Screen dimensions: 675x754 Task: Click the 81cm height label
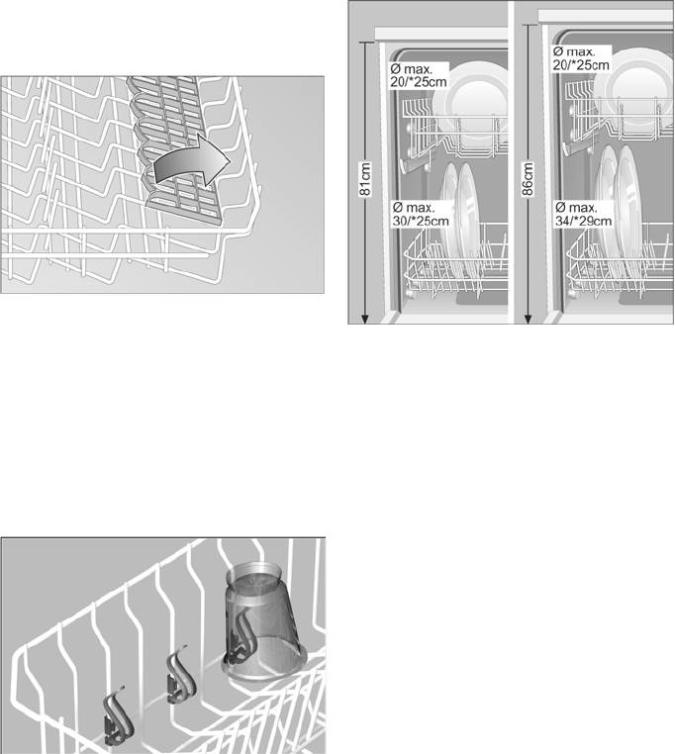(365, 179)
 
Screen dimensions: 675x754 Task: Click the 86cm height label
(528, 179)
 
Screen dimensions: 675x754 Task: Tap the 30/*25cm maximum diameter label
(421, 221)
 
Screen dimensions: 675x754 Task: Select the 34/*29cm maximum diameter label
(583, 221)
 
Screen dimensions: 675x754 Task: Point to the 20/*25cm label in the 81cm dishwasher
(419, 82)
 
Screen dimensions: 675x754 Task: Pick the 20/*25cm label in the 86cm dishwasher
(581, 64)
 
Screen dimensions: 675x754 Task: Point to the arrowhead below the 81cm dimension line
(365, 319)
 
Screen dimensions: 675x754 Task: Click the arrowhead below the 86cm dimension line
(528, 319)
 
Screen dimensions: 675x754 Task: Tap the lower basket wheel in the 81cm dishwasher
(411, 293)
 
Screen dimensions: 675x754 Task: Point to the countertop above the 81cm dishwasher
(440, 34)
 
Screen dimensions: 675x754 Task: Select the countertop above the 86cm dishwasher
(606, 16)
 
